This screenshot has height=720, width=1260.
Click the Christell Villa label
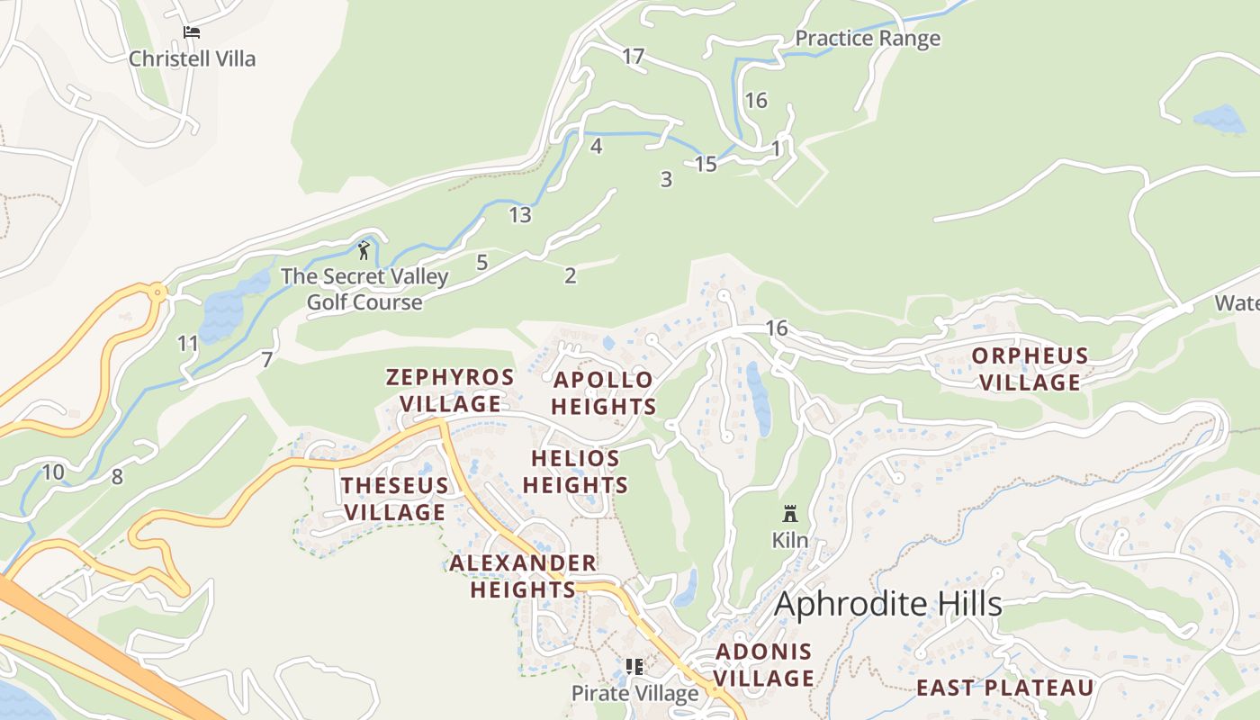[x=192, y=58]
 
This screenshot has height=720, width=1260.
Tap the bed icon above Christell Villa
[x=191, y=32]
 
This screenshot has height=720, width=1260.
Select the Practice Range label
[x=868, y=38]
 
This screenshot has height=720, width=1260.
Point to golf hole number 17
[x=634, y=57]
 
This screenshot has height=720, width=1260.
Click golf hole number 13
[x=520, y=215]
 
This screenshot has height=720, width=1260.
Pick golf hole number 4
[x=596, y=146]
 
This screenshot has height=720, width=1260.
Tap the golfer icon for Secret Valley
[x=364, y=250]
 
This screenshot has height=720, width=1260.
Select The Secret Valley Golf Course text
[x=364, y=289]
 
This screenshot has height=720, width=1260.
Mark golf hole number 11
[x=188, y=343]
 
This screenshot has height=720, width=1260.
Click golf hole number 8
[x=117, y=477]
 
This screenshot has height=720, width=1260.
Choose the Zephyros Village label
[x=450, y=390]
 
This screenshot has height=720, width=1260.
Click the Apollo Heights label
[x=603, y=393]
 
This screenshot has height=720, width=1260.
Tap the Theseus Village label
[x=394, y=499]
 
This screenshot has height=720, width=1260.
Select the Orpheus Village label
[x=1030, y=369]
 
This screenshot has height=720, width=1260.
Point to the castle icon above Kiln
[x=790, y=514]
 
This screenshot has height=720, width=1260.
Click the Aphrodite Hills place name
[x=887, y=604]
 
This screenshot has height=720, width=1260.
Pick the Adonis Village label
[x=764, y=664]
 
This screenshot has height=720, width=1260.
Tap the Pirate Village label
[x=634, y=693]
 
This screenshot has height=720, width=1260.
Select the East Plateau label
[x=1005, y=688]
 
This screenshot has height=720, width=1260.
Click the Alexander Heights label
[x=522, y=576]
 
